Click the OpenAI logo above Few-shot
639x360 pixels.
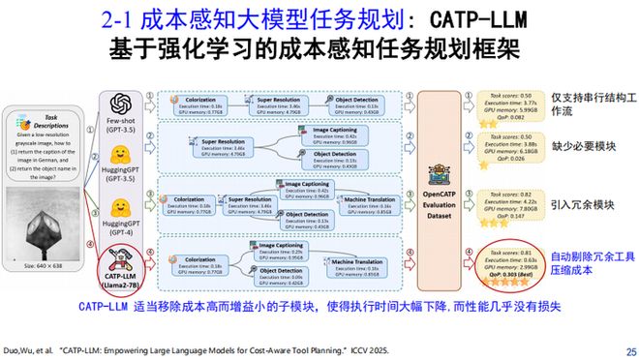coord(121,103)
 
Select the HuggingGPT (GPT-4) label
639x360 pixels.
coord(120,228)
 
